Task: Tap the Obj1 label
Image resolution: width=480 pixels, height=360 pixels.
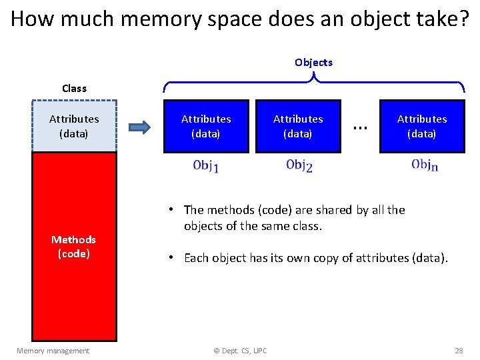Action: [x=205, y=166]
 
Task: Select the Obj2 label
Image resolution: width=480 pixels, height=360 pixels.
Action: [x=299, y=165]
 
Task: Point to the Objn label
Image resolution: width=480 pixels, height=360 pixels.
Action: [x=424, y=165]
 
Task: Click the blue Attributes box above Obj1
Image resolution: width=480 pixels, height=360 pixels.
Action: [x=206, y=126]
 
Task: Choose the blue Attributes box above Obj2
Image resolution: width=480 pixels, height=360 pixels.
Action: [x=298, y=126]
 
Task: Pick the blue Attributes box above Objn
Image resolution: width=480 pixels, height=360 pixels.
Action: [x=422, y=126]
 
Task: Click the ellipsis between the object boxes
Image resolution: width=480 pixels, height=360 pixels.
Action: [x=360, y=126]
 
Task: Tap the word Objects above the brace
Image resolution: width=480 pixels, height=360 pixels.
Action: [x=313, y=62]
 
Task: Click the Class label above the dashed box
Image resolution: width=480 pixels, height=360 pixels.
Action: [x=74, y=88]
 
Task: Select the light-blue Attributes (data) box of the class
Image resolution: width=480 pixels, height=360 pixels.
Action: [x=74, y=126]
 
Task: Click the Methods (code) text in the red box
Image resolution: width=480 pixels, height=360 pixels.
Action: [x=74, y=247]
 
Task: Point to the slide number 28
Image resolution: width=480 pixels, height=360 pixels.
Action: [x=459, y=351]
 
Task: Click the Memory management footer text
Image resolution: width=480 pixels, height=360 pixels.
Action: [x=53, y=351]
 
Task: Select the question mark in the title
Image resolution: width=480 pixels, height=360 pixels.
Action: [x=464, y=19]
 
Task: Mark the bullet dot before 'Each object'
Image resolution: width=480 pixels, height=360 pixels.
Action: [x=171, y=257]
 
